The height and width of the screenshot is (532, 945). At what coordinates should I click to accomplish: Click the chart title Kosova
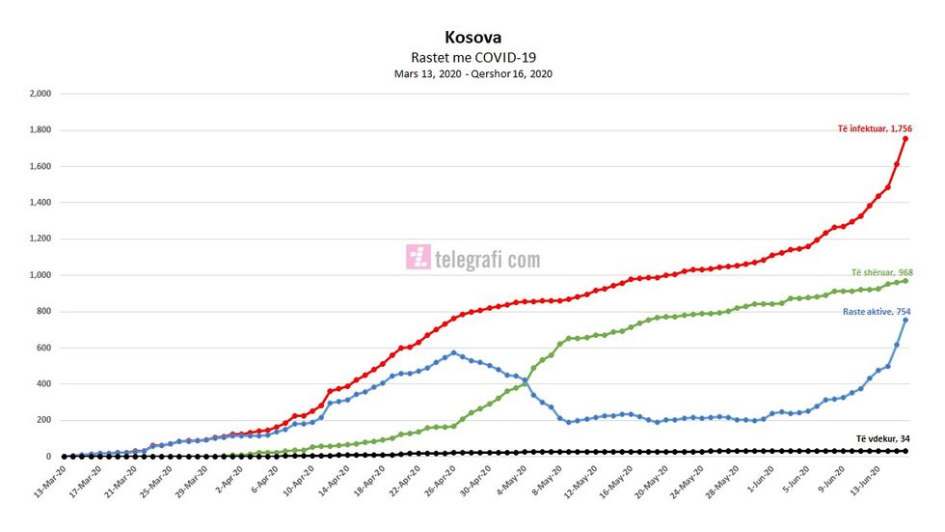[x=472, y=38]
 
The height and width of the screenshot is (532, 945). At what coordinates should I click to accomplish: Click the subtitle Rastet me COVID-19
[x=472, y=57]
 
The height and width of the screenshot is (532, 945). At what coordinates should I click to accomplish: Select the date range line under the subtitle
[x=472, y=73]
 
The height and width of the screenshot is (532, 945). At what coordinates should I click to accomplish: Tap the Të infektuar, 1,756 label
[x=875, y=128]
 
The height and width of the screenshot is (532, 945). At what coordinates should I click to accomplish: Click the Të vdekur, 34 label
[x=882, y=439]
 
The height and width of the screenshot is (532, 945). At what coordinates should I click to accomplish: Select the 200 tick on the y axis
[x=43, y=420]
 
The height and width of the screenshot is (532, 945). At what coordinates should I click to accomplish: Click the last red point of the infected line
[x=905, y=139]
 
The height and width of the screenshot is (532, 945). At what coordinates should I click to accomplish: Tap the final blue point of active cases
[x=905, y=320]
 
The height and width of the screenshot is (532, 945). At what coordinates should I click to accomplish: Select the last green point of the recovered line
[x=905, y=280]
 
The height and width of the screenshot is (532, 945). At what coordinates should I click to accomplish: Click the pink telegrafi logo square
[x=418, y=257]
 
